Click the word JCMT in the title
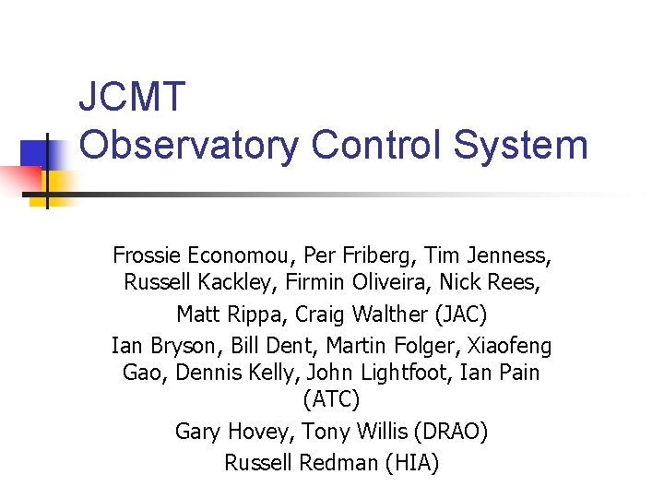point(133,97)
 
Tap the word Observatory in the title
point(189,145)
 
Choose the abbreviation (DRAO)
point(451,432)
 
